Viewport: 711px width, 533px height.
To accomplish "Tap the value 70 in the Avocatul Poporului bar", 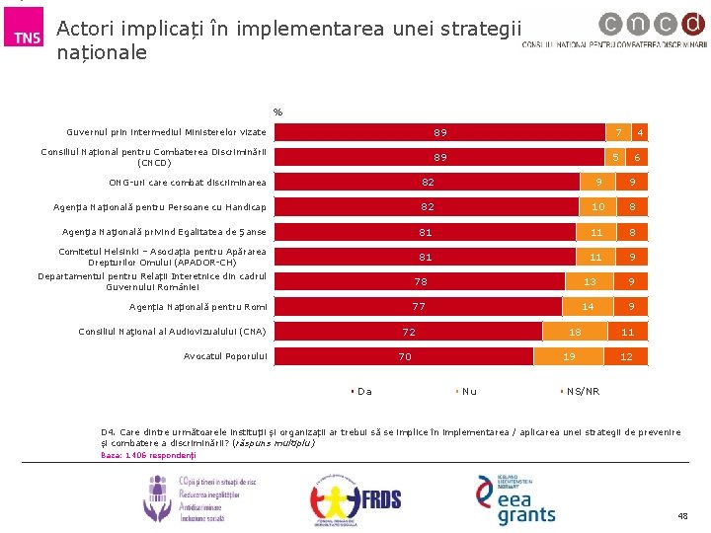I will coord(405,356).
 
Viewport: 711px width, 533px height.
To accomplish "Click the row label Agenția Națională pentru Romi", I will coord(198,307).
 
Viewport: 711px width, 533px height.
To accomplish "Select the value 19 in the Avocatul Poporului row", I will coord(569,356).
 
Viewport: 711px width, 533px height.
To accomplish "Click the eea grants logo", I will coord(516,499).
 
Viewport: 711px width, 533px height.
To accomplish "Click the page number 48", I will coord(682,516).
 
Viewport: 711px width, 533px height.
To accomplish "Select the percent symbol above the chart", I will coord(278,113).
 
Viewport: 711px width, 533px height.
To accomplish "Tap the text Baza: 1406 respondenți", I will coord(148,455).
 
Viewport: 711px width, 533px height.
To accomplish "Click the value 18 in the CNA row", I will coord(575,332).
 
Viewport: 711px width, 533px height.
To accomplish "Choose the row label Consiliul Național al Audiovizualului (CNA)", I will coord(173,332).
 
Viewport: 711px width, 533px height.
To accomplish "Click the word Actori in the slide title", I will coord(84,30).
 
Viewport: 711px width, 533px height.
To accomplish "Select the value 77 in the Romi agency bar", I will coord(419,307).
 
